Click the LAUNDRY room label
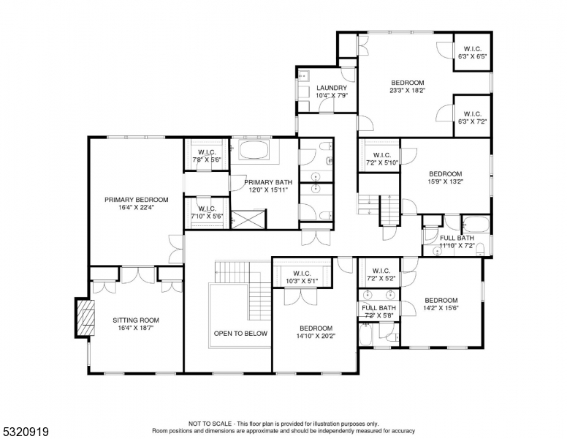[x=331, y=88]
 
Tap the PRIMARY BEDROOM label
[x=136, y=199]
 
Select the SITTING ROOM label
[x=135, y=320]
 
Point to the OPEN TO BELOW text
[x=240, y=333]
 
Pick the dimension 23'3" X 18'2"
[x=407, y=91]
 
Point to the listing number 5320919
[x=25, y=432]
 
